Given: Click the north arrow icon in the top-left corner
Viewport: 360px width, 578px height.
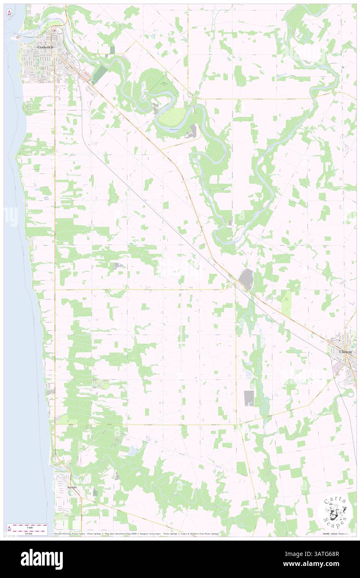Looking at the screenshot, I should [x=9, y=13].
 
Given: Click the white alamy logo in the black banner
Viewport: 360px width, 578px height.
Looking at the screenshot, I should [x=42, y=559].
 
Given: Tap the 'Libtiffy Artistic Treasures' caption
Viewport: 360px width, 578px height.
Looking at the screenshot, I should [x=336, y=534].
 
